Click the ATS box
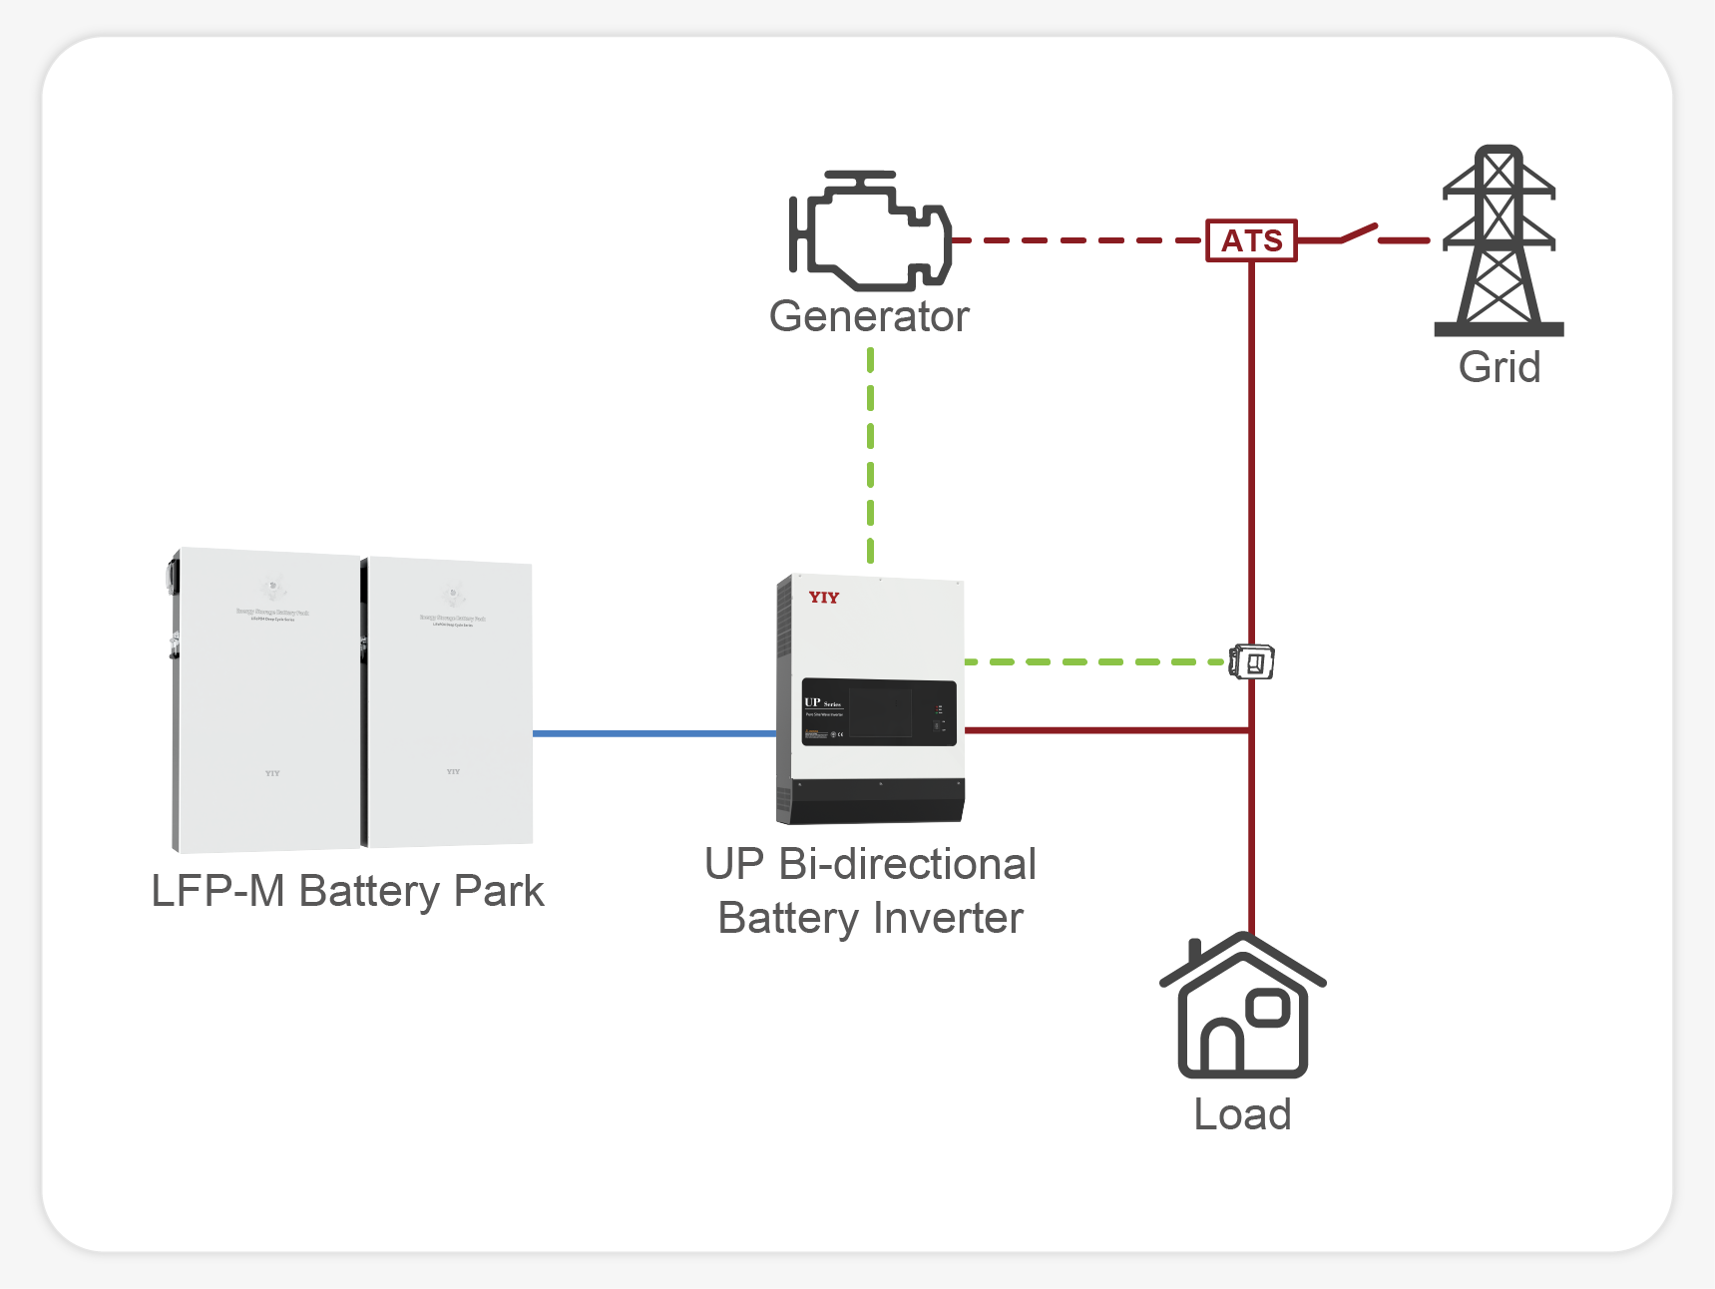(1251, 240)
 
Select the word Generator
(869, 316)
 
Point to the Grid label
(1499, 367)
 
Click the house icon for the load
(1242, 1008)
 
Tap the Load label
(1242, 1114)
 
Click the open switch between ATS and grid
(1359, 234)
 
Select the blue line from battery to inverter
(653, 733)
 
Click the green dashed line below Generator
(871, 454)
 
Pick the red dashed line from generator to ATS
(1077, 240)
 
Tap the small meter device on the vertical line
(1252, 661)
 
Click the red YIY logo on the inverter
(824, 598)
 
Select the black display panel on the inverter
(879, 712)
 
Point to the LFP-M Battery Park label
(347, 891)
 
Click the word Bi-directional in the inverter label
(907, 864)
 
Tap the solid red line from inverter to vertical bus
(1107, 730)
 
